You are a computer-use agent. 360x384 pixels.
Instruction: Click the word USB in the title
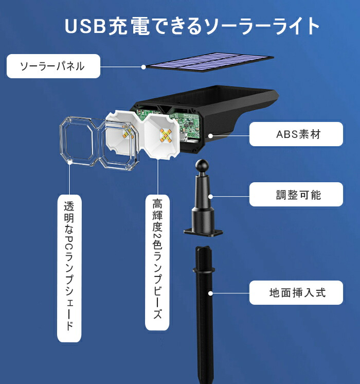(85, 26)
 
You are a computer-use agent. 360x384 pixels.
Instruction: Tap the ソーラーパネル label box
(53, 66)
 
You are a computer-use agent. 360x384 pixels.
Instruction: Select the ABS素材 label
(296, 134)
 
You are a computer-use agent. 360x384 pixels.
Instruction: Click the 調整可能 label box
(296, 194)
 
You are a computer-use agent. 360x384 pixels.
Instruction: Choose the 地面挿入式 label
(296, 293)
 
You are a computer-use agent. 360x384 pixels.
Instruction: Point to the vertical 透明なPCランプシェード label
(69, 268)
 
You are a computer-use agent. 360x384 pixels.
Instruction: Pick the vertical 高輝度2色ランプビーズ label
(157, 263)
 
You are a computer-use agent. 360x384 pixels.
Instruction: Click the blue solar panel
(210, 62)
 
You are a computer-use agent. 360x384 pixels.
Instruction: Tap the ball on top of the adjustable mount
(202, 166)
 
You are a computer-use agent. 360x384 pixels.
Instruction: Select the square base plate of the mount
(203, 232)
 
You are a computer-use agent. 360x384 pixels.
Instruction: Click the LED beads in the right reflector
(166, 135)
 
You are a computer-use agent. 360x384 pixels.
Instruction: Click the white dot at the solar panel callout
(143, 67)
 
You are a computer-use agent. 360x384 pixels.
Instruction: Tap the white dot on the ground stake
(210, 293)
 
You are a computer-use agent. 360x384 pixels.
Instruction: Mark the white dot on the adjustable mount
(210, 197)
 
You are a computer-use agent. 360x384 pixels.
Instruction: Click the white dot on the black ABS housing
(210, 135)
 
